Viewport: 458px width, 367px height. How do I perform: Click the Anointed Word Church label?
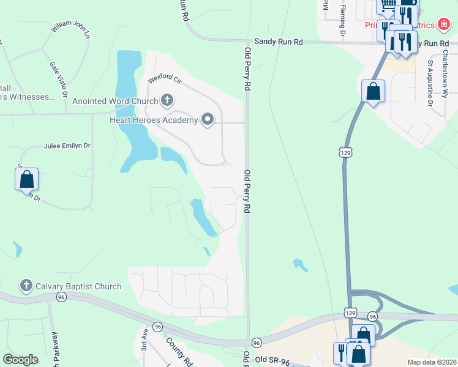[115, 102]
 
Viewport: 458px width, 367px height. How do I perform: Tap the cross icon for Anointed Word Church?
[167, 100]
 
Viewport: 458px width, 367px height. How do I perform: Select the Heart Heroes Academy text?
[154, 120]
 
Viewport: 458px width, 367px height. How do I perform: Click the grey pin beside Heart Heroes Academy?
[208, 119]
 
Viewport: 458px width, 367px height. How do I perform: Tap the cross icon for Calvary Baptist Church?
[26, 285]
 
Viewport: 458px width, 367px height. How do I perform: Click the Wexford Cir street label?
[165, 80]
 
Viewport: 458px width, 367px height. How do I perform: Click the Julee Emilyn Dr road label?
[67, 146]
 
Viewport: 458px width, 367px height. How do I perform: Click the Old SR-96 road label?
[271, 360]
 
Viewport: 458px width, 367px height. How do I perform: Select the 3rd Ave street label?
[145, 340]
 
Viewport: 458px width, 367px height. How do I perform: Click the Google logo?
[20, 360]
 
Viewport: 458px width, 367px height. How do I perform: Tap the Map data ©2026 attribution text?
[432, 362]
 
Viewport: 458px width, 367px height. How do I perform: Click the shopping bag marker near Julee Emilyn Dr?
[26, 180]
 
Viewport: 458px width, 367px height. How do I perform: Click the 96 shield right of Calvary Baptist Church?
[61, 297]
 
